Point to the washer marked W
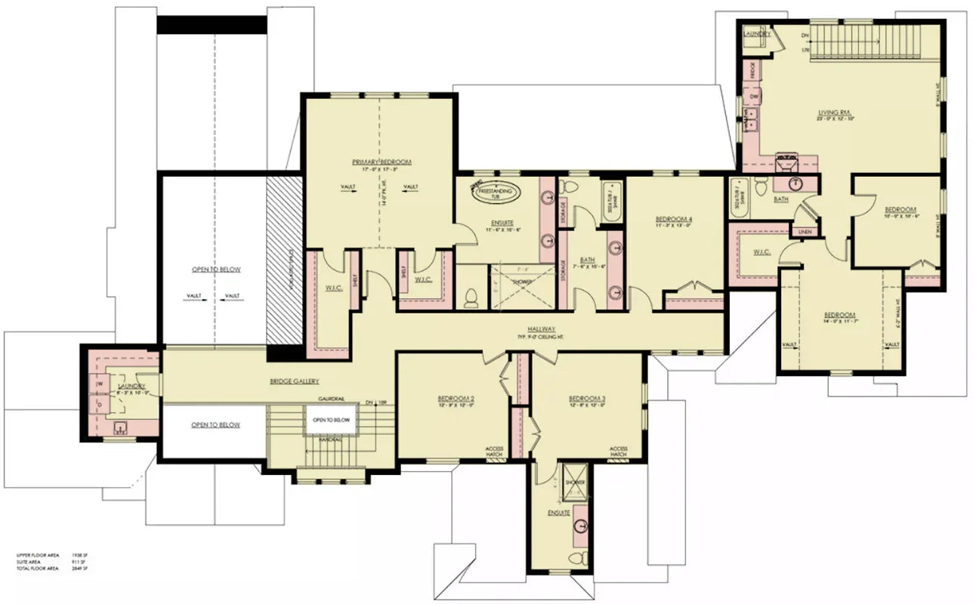point(99,384)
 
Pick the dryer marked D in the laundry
point(99,404)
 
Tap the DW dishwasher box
point(752,97)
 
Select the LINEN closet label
point(805,232)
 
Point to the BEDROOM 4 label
point(675,220)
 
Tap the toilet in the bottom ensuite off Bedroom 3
point(577,558)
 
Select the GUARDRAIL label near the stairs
point(332,397)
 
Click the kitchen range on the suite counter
point(789,161)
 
